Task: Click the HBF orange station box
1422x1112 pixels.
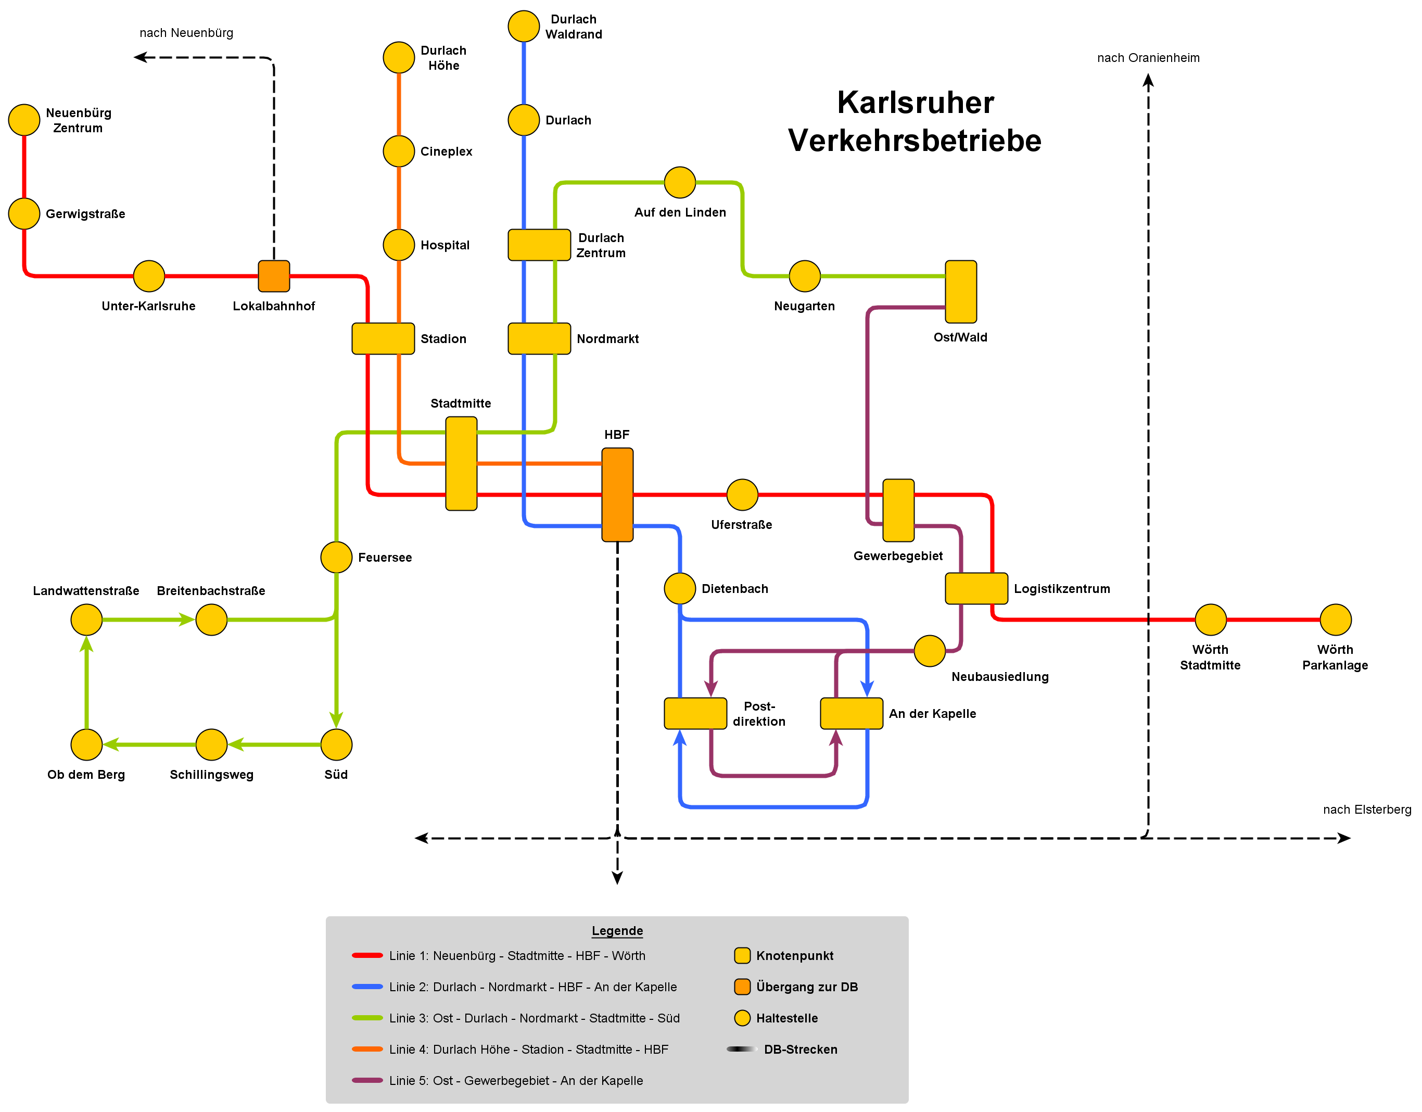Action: [x=617, y=495]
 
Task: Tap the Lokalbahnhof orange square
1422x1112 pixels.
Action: [x=274, y=276]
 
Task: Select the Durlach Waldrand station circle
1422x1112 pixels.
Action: [x=524, y=26]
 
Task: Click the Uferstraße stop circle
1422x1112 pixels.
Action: [x=742, y=495]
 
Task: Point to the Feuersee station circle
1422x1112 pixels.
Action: [x=337, y=558]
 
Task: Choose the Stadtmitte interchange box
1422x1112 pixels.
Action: [x=462, y=463]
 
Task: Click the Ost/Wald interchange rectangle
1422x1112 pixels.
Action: [x=961, y=292]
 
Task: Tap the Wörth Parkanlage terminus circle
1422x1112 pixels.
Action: [x=1336, y=620]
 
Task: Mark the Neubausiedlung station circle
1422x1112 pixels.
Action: [x=930, y=651]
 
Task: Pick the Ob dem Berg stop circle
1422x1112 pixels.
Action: [x=86, y=745]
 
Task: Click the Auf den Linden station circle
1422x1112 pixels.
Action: [x=680, y=182]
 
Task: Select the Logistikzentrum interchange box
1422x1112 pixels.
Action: [x=976, y=589]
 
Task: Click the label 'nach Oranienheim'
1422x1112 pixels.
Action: [x=1149, y=58]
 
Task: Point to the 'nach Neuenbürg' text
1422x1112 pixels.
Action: [x=186, y=33]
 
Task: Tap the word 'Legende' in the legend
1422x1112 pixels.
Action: [x=617, y=931]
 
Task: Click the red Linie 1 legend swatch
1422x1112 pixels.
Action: [x=367, y=956]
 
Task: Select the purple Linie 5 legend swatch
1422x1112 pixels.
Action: [x=367, y=1081]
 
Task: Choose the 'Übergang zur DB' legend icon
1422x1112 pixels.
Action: [x=742, y=987]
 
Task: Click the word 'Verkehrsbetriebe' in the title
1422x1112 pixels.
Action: [x=915, y=141]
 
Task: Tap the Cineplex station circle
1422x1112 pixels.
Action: [x=399, y=151]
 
